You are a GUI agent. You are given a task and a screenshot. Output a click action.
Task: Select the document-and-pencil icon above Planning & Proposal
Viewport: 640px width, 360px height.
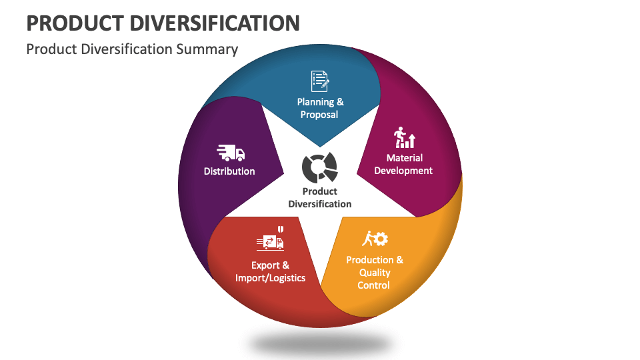coord(320,81)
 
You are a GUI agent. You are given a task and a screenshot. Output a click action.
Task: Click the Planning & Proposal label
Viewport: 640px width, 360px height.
coord(320,108)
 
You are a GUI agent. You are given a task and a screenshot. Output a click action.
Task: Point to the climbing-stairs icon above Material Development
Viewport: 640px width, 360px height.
coord(404,138)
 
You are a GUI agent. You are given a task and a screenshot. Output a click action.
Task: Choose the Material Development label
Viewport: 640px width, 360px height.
coord(403,164)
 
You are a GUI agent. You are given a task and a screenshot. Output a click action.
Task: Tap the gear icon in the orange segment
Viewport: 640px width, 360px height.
coord(381,239)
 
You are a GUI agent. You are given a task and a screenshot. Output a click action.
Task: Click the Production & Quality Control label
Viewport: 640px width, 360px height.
coord(374,272)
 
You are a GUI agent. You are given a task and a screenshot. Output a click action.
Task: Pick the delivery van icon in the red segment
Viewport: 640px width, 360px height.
coord(269,242)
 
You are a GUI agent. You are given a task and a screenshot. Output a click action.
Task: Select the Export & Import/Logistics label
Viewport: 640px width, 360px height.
coord(270,271)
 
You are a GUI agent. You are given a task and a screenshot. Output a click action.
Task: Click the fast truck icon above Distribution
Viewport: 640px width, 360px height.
coord(231,153)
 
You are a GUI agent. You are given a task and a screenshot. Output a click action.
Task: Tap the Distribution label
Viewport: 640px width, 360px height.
coord(229,171)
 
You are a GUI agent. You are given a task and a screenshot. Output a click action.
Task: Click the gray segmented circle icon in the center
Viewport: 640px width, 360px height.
coord(319,167)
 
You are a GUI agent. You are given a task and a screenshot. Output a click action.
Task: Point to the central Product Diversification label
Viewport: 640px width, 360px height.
coord(320,197)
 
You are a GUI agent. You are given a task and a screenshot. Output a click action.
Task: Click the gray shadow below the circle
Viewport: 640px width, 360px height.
coord(320,343)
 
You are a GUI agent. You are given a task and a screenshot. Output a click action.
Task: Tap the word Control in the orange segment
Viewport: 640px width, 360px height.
coord(374,285)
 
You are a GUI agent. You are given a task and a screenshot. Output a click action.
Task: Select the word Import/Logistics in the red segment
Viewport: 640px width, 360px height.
coord(270,278)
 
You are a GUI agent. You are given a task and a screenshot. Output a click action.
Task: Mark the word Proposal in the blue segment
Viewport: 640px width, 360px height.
coord(320,115)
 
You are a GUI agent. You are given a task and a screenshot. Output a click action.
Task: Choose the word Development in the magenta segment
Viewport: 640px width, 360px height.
coord(403,171)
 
